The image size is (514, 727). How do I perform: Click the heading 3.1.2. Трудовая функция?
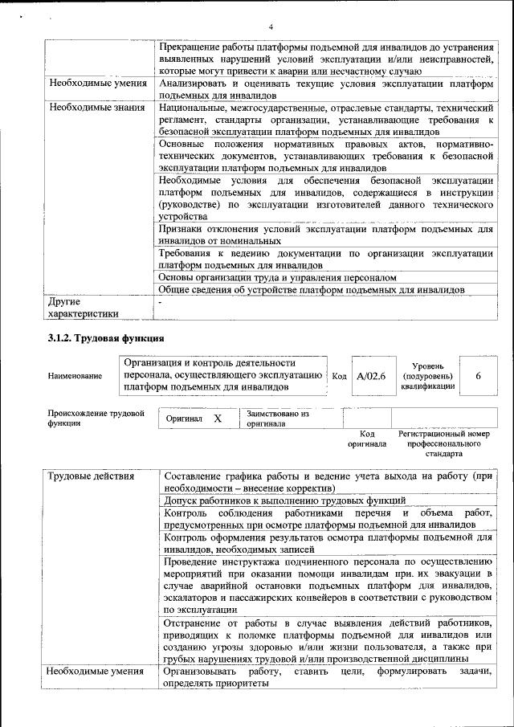pos(106,338)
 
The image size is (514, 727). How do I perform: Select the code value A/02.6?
pos(371,375)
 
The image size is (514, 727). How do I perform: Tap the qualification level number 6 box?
pos(479,375)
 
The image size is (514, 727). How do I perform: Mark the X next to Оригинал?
pos(218,419)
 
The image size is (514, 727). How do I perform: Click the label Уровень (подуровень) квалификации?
pos(428,375)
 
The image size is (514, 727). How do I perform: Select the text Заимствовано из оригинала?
pos(278,419)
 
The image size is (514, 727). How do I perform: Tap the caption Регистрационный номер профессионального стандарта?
pos(443,443)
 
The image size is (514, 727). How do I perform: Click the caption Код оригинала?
pos(366,439)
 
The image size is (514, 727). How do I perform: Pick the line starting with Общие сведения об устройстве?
pos(311,289)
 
